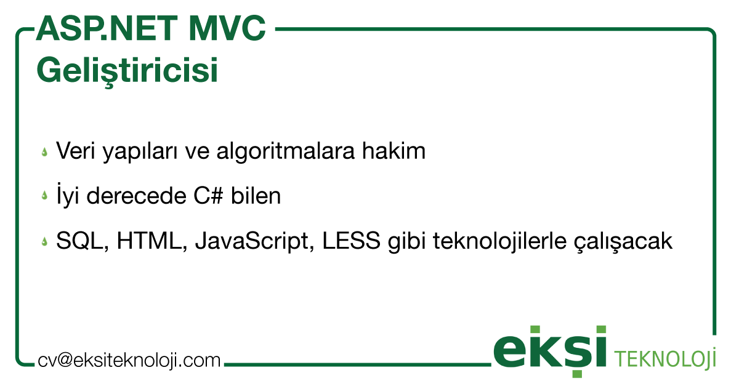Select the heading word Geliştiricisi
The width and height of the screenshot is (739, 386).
(x=127, y=70)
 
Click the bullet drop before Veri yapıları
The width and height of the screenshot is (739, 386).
(x=44, y=151)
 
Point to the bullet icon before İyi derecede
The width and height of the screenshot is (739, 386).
(x=44, y=196)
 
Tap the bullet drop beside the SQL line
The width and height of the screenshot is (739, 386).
(x=44, y=242)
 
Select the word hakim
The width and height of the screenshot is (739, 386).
(x=395, y=151)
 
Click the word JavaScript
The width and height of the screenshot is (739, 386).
(x=256, y=242)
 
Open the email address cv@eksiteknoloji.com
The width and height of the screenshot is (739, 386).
(x=129, y=360)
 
